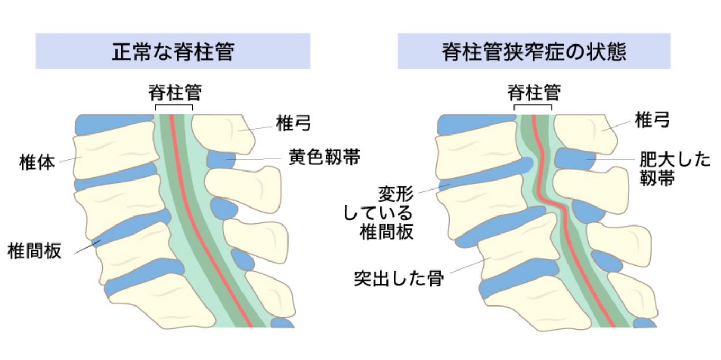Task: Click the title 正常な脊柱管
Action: pyautogui.click(x=173, y=51)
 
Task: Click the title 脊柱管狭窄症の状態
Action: pyautogui.click(x=534, y=51)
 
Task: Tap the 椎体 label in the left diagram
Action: pyautogui.click(x=37, y=163)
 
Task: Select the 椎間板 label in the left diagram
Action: pyautogui.click(x=34, y=251)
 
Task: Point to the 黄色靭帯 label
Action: pyautogui.click(x=325, y=157)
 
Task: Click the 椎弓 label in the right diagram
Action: pyautogui.click(x=652, y=120)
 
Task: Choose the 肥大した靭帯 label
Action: pyautogui.click(x=674, y=168)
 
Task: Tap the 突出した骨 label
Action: pyautogui.click(x=399, y=278)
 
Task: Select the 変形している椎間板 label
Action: pyautogui.click(x=379, y=213)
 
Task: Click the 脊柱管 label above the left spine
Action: pyautogui.click(x=175, y=93)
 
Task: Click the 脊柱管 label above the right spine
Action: pyautogui.click(x=534, y=93)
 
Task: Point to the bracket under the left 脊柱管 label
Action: pyautogui.click(x=174, y=105)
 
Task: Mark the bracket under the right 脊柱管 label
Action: pyautogui.click(x=533, y=105)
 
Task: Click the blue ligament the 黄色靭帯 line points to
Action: pyautogui.click(x=221, y=159)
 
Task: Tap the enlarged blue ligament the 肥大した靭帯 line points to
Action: pyautogui.click(x=575, y=159)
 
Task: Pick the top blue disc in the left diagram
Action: pyautogui.click(x=114, y=124)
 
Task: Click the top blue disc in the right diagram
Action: pyautogui.click(x=476, y=124)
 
